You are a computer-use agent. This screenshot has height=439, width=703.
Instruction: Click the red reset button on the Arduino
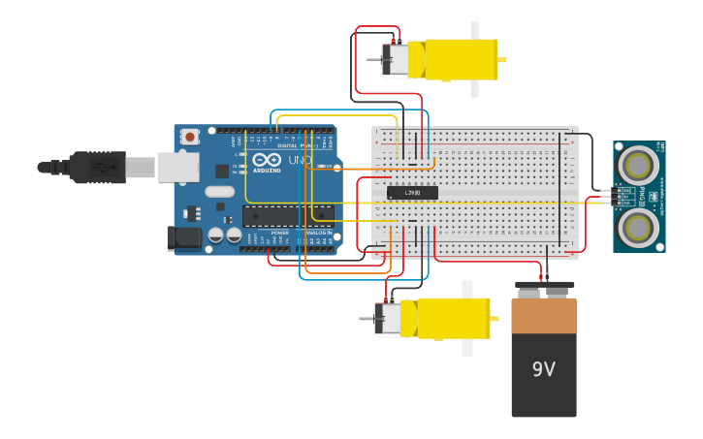tap(190, 137)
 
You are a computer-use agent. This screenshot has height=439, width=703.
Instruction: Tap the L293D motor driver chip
tap(412, 193)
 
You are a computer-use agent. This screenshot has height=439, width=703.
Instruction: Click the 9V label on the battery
tap(543, 369)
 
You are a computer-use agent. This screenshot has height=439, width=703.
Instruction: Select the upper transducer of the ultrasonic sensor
tap(638, 165)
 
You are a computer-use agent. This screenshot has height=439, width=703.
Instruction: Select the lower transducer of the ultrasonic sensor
tap(638, 228)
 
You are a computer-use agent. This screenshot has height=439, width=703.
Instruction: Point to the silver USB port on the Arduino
tap(178, 168)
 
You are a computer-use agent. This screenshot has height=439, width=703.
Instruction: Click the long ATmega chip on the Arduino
tap(287, 216)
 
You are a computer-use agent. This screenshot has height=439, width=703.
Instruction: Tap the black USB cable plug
tap(97, 168)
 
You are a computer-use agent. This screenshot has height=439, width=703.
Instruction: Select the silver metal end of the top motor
tap(396, 60)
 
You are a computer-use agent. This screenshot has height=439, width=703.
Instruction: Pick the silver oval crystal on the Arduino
tap(219, 192)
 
